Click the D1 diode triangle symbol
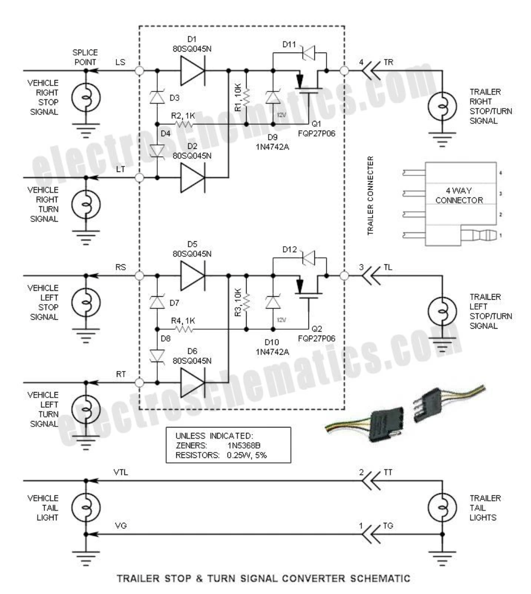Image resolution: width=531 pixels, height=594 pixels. click(x=192, y=71)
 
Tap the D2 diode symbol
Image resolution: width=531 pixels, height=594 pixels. click(x=192, y=178)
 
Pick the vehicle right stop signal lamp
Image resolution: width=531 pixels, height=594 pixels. click(x=86, y=98)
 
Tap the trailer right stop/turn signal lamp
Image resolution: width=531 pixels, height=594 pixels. click(x=442, y=106)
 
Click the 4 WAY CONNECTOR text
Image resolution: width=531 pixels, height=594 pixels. click(x=459, y=195)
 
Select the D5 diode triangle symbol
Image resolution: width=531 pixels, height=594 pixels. click(x=192, y=276)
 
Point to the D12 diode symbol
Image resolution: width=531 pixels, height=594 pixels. click(x=307, y=256)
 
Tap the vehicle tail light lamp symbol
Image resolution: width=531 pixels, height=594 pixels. click(x=86, y=507)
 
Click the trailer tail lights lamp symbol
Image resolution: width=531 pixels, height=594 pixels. click(x=442, y=507)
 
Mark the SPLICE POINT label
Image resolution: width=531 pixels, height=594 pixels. click(x=85, y=57)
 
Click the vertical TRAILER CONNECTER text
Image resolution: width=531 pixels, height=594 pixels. click(x=370, y=196)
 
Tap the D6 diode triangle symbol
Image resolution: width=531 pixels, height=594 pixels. click(x=192, y=383)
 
